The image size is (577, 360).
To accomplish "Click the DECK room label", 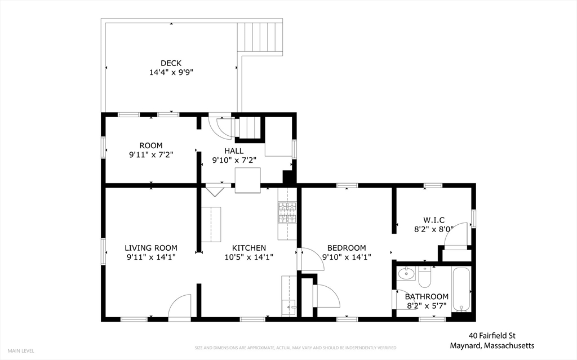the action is pyautogui.click(x=171, y=63).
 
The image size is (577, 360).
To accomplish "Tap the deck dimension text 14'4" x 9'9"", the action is pyautogui.click(x=171, y=72).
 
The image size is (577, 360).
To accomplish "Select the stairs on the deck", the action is pyautogui.click(x=260, y=37).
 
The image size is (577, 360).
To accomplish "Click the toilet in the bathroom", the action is pyautogui.click(x=425, y=277).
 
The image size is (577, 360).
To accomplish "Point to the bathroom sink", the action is pyautogui.click(x=407, y=274).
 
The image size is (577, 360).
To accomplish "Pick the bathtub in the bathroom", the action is pyautogui.click(x=461, y=290).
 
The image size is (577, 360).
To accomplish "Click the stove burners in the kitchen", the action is pyautogui.click(x=287, y=212).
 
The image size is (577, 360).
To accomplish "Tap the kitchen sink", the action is pyautogui.click(x=289, y=308).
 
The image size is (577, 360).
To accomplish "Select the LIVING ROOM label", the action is pyautogui.click(x=151, y=248).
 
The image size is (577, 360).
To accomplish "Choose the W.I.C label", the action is pyautogui.click(x=434, y=220).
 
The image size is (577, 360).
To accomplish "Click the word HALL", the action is pyautogui.click(x=234, y=151).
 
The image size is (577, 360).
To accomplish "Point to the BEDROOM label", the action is pyautogui.click(x=347, y=248).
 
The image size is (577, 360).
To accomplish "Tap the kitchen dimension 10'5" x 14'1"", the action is pyautogui.click(x=248, y=257).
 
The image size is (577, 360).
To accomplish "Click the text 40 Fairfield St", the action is pyautogui.click(x=492, y=336).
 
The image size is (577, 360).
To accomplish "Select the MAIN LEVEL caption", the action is pyautogui.click(x=21, y=351).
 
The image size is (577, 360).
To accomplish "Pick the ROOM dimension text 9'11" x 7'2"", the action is pyautogui.click(x=151, y=154).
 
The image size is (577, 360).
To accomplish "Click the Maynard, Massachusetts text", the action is pyautogui.click(x=492, y=346).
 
